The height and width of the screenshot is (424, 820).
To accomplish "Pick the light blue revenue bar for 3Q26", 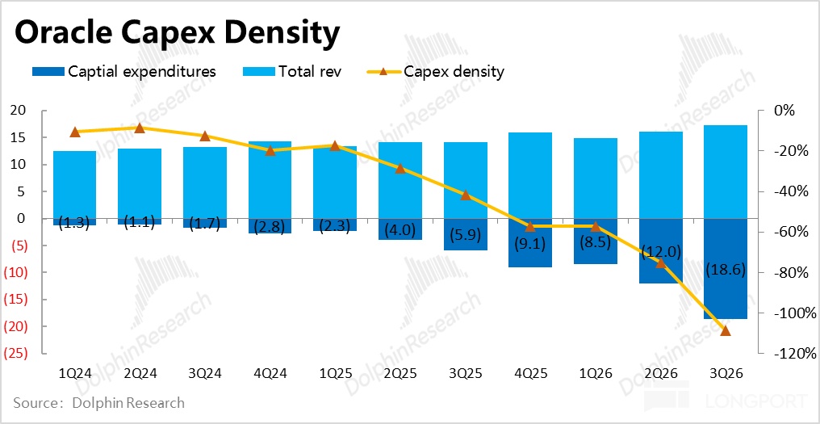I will [725, 171].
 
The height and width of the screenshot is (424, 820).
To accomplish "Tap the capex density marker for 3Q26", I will [725, 330].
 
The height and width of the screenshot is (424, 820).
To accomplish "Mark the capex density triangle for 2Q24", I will [140, 128].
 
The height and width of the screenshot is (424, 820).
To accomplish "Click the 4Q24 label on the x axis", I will [270, 374].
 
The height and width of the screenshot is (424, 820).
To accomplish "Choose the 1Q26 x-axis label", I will [596, 374].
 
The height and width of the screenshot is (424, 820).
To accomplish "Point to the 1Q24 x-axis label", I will [75, 374].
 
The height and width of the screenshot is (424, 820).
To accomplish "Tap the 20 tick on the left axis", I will [18, 111].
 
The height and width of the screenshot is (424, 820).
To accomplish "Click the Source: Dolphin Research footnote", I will [98, 402].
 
